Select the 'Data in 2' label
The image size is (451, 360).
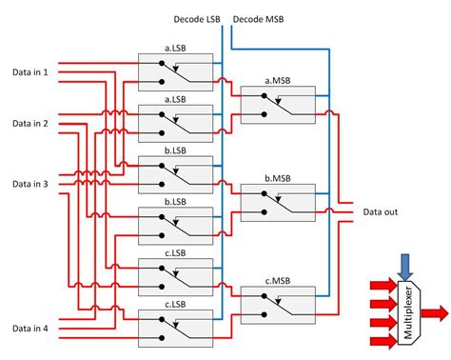click(30, 124)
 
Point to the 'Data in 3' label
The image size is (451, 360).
click(30, 183)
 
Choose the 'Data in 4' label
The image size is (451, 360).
click(30, 329)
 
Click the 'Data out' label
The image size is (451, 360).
click(383, 211)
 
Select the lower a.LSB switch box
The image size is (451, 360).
click(174, 118)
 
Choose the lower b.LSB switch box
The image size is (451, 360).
click(174, 221)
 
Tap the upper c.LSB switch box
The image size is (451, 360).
click(174, 274)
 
